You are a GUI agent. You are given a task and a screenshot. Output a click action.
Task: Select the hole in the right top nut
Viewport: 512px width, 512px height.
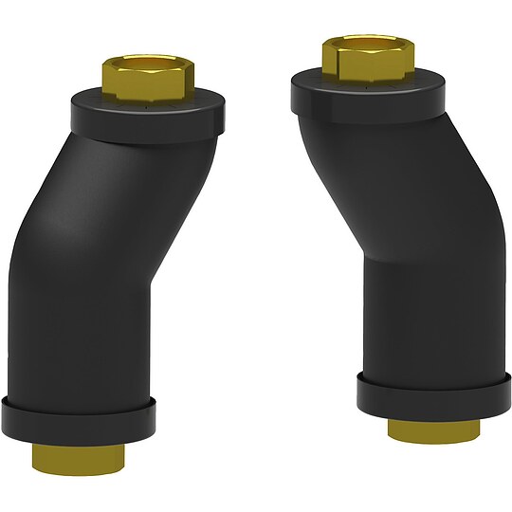click(366, 42)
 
